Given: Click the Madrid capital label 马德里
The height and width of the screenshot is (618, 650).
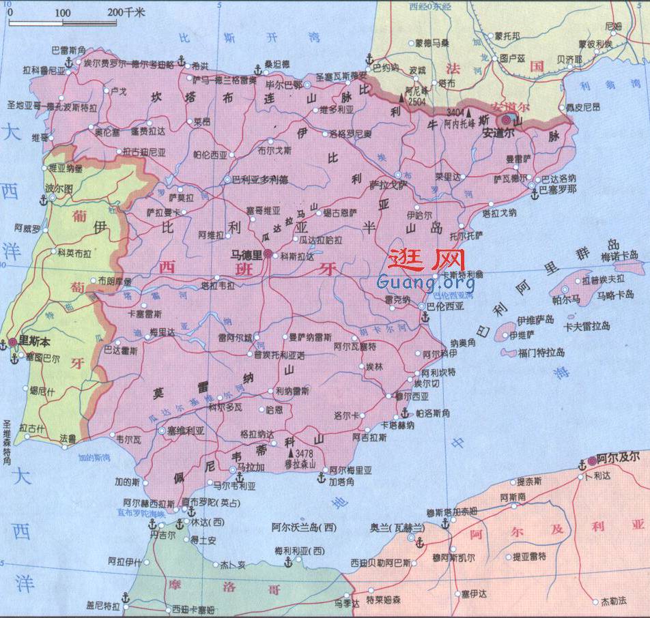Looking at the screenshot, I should pos(246,255).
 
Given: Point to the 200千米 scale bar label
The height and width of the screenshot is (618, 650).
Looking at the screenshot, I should pos(127,12).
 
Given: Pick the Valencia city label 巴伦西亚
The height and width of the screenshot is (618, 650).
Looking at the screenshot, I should pos(445,307).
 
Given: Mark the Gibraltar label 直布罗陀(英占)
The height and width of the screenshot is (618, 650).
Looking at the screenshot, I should pos(209,503).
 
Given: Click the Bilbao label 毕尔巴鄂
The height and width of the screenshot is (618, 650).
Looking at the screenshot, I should pos(283,85).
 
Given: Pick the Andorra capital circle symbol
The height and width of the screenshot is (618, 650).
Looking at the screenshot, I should pos(502,119).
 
